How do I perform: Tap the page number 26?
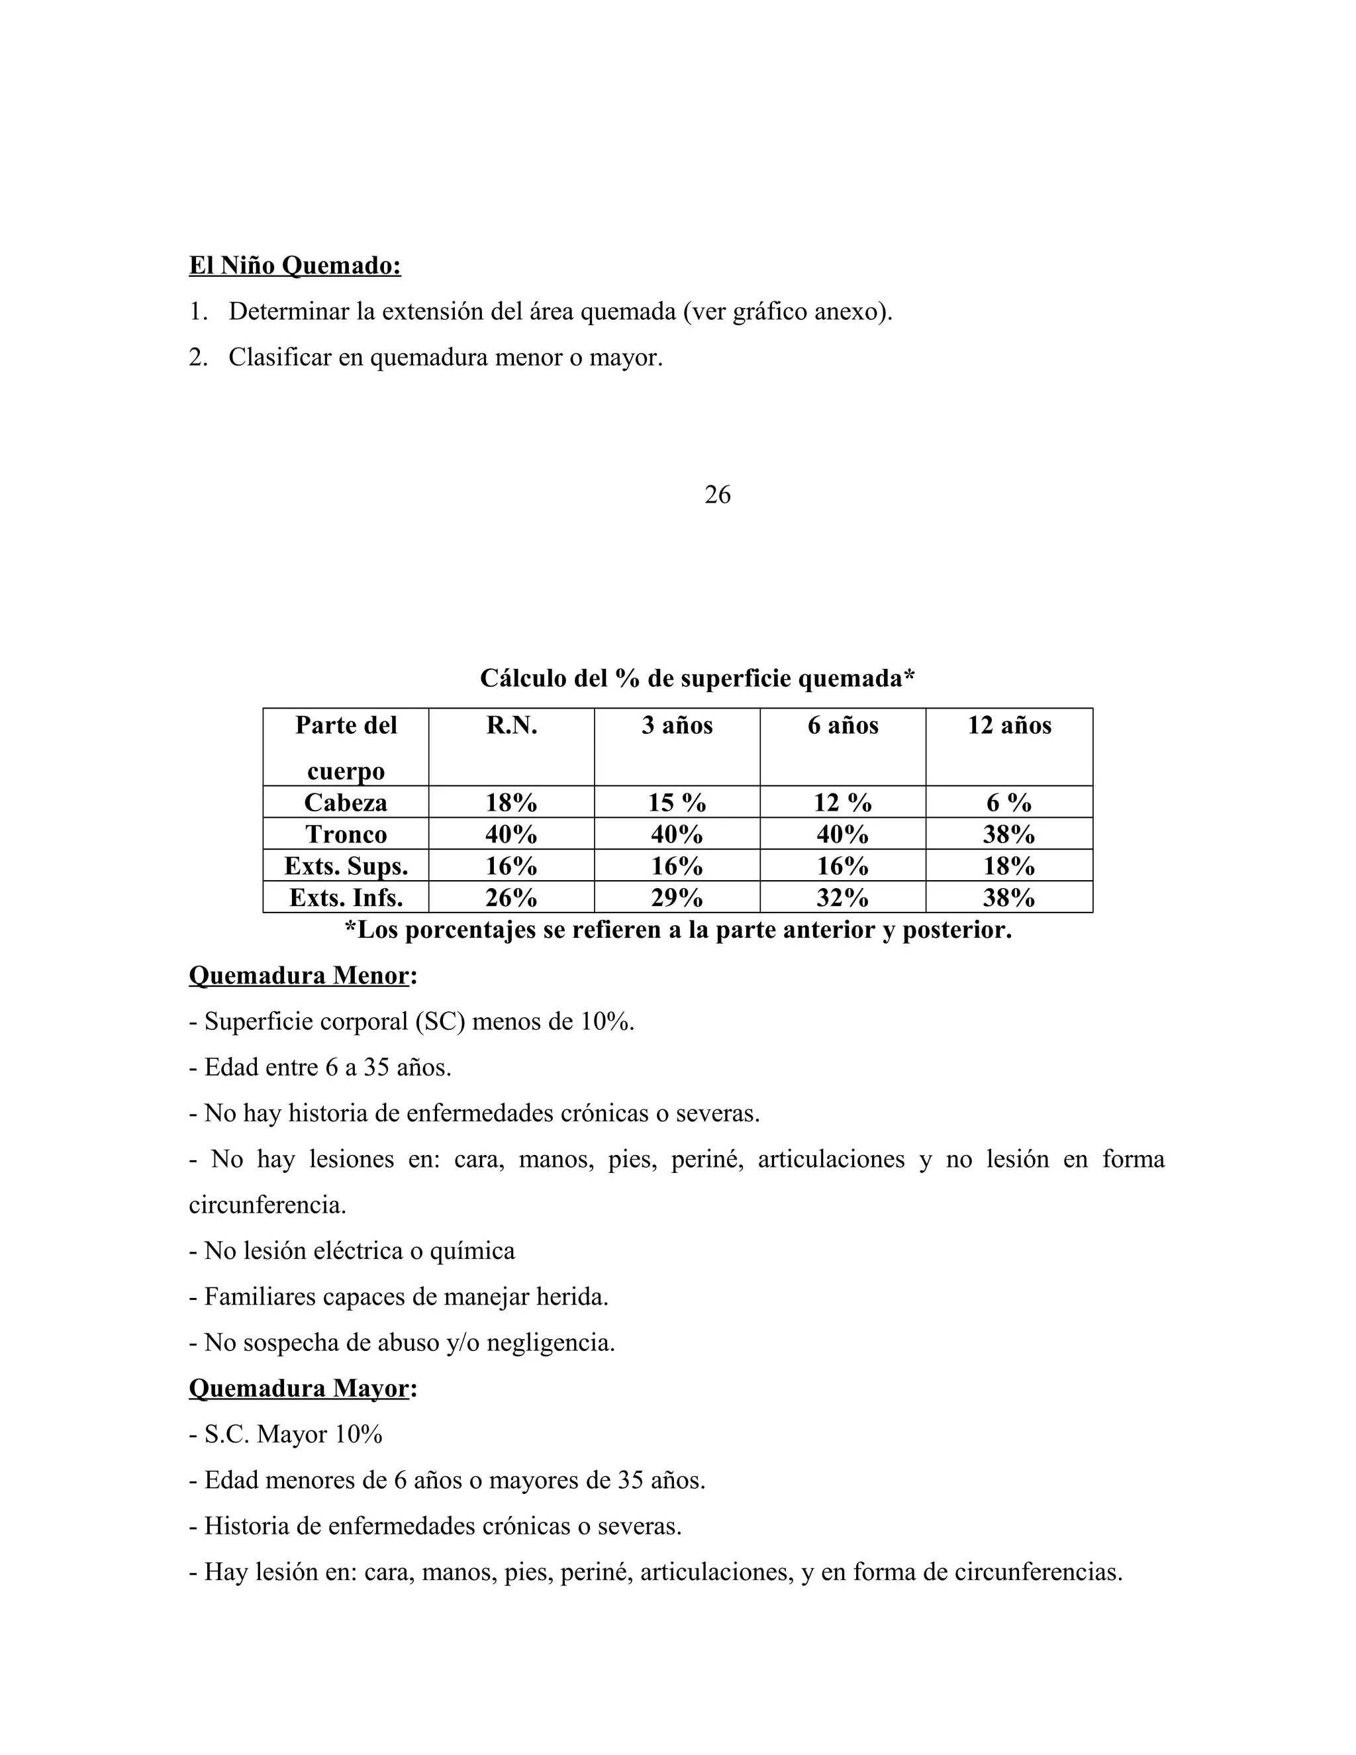[717, 495]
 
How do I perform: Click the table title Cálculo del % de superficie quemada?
[697, 678]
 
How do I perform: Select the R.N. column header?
[511, 726]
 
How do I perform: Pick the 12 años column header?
[1009, 726]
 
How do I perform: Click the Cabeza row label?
[346, 802]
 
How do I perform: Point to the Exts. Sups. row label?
[346, 866]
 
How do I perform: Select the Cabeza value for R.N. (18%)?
[511, 803]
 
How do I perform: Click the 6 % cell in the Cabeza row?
[1009, 803]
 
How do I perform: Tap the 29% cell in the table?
[677, 897]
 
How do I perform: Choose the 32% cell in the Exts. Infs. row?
[842, 897]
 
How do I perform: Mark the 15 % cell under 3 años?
[677, 803]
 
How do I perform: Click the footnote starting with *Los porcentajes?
[678, 930]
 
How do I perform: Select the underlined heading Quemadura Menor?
[299, 976]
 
